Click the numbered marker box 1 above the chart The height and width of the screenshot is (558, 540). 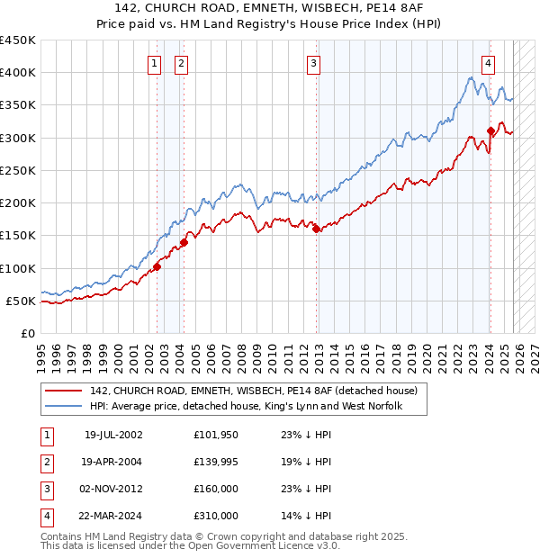(155, 63)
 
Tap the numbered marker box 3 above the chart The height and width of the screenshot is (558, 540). (313, 63)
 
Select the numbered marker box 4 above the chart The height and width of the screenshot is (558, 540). (488, 63)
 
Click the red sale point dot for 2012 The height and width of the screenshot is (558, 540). (317, 229)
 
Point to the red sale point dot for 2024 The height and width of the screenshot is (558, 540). (490, 130)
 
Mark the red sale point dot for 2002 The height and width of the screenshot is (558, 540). (157, 266)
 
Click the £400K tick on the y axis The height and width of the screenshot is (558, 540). (18, 73)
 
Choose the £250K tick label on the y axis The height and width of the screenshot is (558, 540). (18, 170)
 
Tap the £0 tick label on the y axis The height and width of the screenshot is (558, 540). (28, 333)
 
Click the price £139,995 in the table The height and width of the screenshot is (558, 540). (216, 462)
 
